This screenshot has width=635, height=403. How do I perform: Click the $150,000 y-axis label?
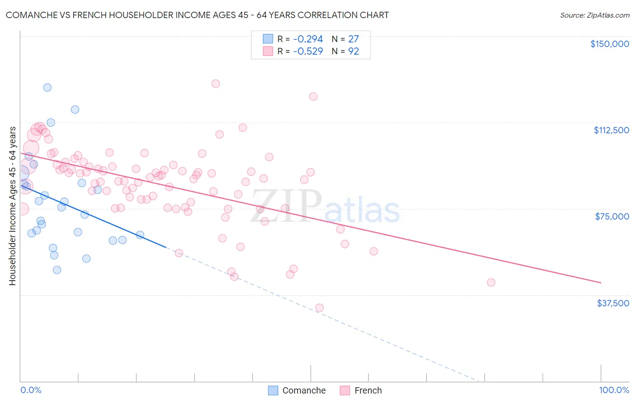[609, 44]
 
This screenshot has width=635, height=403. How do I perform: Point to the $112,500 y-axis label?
[611, 130]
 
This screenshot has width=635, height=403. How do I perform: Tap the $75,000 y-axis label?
[612, 216]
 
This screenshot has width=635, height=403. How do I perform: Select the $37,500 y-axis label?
[613, 303]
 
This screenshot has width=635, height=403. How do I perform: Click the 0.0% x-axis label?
[31, 390]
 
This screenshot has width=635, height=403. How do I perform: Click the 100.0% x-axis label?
[614, 390]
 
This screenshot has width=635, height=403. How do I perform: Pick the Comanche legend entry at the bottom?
[297, 390]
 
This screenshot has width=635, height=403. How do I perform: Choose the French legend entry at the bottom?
[361, 390]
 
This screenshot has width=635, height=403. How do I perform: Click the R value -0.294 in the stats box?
[308, 39]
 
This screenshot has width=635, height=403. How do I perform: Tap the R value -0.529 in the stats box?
[308, 52]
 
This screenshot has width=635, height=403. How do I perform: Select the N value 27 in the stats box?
[353, 39]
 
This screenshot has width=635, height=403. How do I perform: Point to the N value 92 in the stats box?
[353, 52]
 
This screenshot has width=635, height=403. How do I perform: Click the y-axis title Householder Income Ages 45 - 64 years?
[13, 206]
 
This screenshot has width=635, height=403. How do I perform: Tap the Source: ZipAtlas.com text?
[594, 15]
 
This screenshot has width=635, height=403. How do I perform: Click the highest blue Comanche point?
[47, 88]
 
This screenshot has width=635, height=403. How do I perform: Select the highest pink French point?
[215, 84]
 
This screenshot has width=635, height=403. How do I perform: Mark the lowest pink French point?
[319, 308]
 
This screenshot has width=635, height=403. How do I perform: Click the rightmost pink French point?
[491, 282]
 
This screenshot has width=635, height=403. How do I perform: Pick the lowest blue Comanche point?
[57, 270]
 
